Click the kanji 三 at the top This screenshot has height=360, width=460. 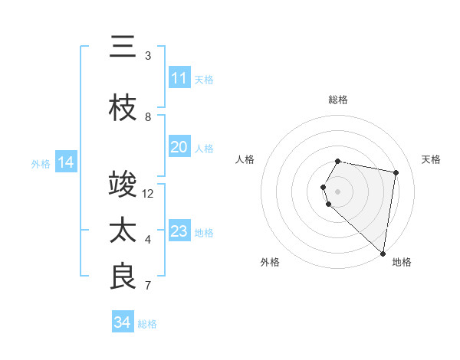click(x=123, y=47)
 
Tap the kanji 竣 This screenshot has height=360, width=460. click(x=123, y=185)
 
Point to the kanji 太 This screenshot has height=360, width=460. click(x=123, y=231)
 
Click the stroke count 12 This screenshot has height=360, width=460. click(x=149, y=193)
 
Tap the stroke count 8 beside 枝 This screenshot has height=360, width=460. click(x=148, y=117)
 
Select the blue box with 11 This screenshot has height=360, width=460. click(x=179, y=78)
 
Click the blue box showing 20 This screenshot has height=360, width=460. click(x=179, y=147)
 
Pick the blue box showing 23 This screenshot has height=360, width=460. click(x=179, y=231)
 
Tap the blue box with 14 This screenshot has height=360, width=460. click(x=66, y=162)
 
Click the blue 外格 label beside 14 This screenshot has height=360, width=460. click(x=41, y=163)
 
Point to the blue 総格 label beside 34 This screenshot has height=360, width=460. click(x=147, y=323)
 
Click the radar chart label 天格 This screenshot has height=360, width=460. click(x=431, y=159)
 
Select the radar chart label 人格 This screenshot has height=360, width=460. click(x=245, y=159)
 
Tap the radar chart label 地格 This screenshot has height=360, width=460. click(x=402, y=262)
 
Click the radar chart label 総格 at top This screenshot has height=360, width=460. click(x=338, y=100)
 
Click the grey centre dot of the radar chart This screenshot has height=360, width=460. click(x=338, y=191)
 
